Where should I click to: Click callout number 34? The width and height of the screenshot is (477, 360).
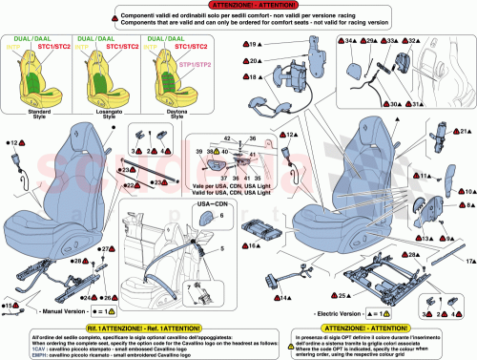[353, 41]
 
